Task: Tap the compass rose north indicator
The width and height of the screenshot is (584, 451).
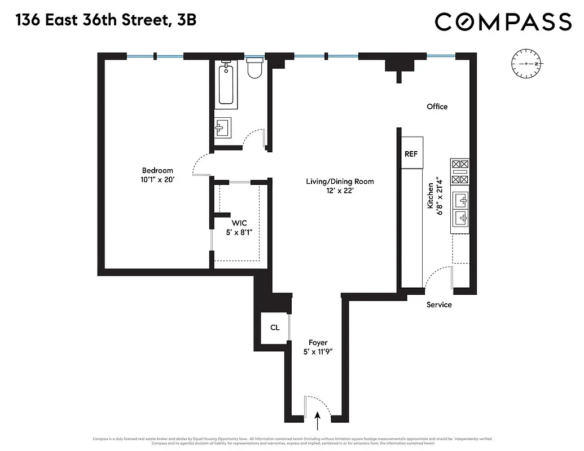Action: coord(525,64)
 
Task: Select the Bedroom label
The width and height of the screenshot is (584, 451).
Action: coord(157,171)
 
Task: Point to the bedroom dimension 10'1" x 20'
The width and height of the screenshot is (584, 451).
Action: coord(157,180)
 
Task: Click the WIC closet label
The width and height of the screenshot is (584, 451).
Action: coord(240,223)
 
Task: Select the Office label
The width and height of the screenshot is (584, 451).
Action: coord(437,107)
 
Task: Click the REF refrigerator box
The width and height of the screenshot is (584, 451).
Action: coord(411,153)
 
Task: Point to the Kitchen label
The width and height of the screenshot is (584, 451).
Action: coord(431,196)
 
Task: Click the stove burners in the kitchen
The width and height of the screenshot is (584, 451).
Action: coord(460,172)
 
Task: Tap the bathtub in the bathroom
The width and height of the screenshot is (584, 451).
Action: coord(226,84)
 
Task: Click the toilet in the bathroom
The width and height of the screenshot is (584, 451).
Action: coord(254,69)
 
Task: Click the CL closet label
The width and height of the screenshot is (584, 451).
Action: coord(275,328)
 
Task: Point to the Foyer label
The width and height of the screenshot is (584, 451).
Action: coord(318,343)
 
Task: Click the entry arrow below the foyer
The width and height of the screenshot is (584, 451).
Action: coord(317,419)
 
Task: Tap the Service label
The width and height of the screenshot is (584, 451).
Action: coord(439,305)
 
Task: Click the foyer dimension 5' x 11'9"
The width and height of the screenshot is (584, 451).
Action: coord(318,352)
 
